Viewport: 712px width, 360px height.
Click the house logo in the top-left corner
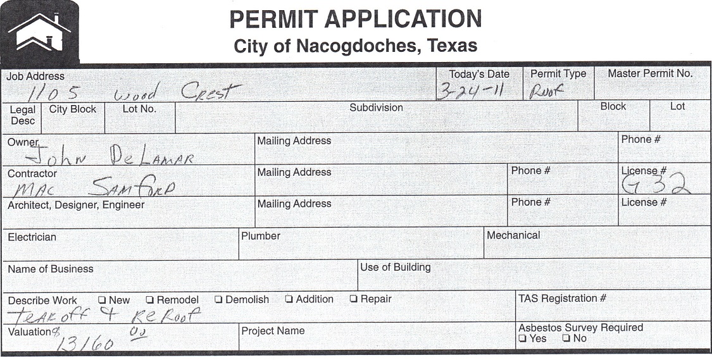(x=39, y=32)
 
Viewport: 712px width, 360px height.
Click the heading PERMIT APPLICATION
(x=355, y=20)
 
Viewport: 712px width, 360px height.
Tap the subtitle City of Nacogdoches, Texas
(x=355, y=46)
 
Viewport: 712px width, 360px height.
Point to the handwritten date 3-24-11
(x=470, y=91)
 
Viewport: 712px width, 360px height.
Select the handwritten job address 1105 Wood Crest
(x=155, y=93)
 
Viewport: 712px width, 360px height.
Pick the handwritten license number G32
(x=654, y=185)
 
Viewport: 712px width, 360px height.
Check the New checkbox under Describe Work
(x=102, y=300)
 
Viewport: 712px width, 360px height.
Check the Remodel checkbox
(x=150, y=300)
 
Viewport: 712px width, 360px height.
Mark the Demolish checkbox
(x=218, y=300)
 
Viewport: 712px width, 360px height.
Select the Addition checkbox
(x=289, y=299)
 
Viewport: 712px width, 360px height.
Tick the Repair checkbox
(x=354, y=299)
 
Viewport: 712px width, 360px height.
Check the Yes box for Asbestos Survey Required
(x=523, y=338)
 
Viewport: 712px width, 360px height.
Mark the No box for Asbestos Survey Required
(x=566, y=338)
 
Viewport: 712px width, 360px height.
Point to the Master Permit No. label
(x=650, y=73)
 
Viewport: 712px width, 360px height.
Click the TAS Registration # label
(x=562, y=299)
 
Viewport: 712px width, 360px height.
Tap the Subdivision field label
(x=376, y=108)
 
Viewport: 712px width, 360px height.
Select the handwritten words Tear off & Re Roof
(x=104, y=315)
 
